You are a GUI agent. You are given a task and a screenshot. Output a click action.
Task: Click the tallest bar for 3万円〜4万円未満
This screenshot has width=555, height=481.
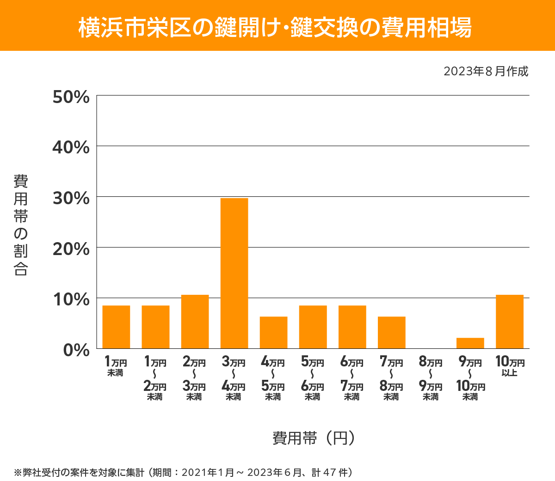[234, 273]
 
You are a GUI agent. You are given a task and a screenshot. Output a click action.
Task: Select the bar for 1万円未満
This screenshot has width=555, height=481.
[116, 327]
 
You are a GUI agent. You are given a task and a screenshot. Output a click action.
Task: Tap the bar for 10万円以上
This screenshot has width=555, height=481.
[509, 322]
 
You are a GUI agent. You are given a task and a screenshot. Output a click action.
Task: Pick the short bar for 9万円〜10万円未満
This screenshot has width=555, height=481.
[470, 343]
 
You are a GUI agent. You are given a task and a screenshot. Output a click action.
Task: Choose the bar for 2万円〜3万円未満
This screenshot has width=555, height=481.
[195, 322]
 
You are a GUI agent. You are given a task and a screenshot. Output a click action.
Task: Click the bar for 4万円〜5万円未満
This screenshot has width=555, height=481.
[273, 332]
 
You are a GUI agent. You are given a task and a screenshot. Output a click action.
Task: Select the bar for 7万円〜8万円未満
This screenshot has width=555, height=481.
[391, 332]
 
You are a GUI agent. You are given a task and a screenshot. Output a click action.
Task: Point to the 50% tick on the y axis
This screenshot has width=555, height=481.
[71, 97]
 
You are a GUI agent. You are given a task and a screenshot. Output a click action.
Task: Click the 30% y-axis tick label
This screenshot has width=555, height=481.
[71, 198]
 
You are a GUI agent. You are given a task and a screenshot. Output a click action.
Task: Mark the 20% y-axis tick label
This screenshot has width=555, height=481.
[71, 249]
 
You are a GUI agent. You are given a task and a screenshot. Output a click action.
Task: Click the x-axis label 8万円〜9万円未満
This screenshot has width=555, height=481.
[431, 378]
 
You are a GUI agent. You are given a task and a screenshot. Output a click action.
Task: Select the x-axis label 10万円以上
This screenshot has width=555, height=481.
[510, 366]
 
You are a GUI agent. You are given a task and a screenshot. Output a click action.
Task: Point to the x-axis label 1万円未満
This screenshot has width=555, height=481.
[116, 366]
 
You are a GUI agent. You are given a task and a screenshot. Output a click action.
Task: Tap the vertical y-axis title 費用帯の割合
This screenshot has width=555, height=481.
[21, 225]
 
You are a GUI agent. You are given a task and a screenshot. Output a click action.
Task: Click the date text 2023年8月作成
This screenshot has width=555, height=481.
[486, 72]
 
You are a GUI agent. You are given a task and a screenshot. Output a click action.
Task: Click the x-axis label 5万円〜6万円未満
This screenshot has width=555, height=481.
[313, 378]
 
